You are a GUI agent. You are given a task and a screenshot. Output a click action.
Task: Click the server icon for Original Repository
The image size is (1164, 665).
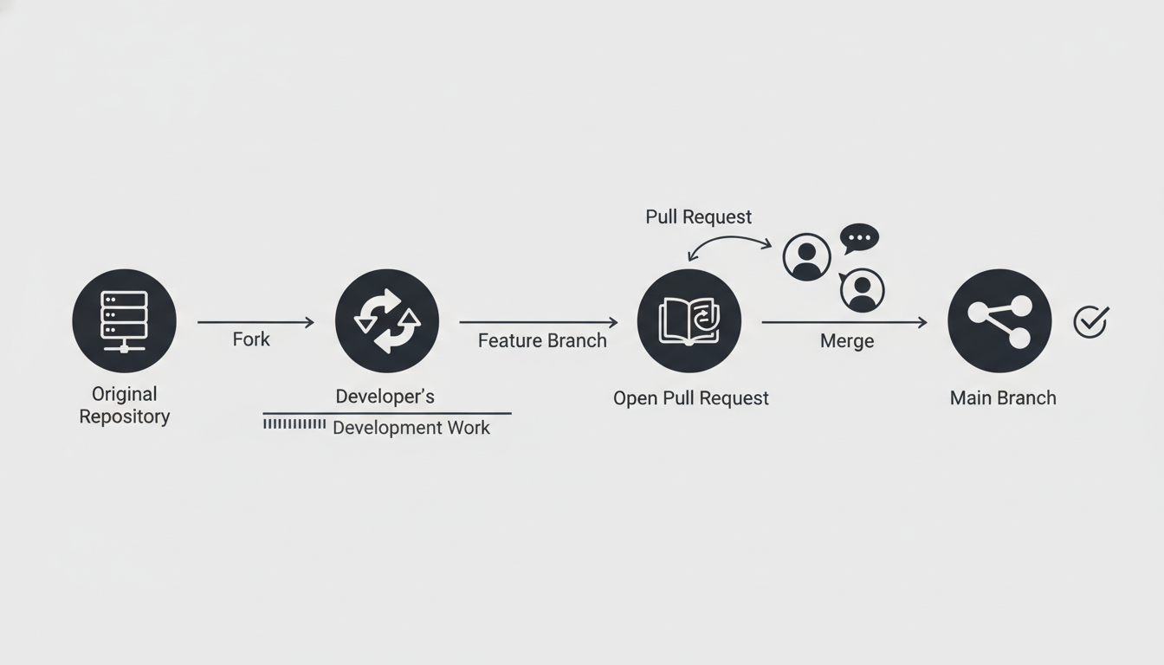124,320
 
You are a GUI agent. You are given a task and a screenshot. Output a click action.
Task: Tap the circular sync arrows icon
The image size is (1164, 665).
387,320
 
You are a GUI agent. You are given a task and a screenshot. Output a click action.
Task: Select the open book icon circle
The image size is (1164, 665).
689,320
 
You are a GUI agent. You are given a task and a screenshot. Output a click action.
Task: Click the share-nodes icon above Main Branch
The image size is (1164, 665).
999,320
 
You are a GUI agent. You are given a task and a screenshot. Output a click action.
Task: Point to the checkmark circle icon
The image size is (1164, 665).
1090,321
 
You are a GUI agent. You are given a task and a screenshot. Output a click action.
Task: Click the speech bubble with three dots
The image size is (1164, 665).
859,238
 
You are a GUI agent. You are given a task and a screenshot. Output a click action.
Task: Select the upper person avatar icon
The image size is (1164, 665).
806,257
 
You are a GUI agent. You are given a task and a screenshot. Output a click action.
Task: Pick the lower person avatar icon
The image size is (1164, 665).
862,290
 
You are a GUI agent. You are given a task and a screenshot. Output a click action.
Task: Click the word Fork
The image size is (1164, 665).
251,339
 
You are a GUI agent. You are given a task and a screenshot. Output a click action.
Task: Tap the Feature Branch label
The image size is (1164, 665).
542,340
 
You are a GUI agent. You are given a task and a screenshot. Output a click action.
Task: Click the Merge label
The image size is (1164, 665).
846,341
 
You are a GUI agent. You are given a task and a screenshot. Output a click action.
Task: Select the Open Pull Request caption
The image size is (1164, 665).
690,398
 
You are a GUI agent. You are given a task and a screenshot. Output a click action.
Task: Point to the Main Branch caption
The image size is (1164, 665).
1003,398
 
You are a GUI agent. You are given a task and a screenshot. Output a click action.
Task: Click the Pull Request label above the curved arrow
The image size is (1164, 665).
698,216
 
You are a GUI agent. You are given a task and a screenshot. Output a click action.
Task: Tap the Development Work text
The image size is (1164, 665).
411,428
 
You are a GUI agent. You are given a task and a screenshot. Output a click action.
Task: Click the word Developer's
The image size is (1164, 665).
385,397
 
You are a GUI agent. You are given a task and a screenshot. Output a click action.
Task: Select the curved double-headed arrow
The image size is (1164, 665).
728,244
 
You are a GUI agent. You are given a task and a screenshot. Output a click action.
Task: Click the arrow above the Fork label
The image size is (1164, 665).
255,322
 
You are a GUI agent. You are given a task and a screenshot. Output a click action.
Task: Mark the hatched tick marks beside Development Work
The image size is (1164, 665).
294,424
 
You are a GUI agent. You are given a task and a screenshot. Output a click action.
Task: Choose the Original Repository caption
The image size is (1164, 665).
125,405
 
